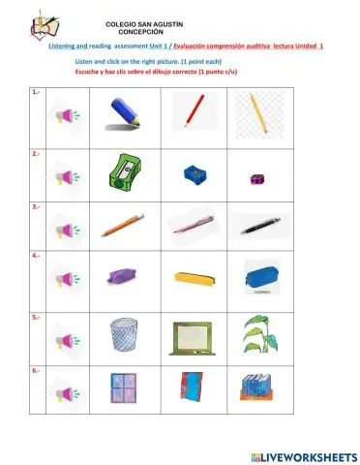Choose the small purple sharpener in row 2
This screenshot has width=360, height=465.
pyautogui.click(x=256, y=178)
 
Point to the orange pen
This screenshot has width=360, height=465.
pyautogui.click(x=124, y=225)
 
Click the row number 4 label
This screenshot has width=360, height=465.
pyautogui.click(x=36, y=256)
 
